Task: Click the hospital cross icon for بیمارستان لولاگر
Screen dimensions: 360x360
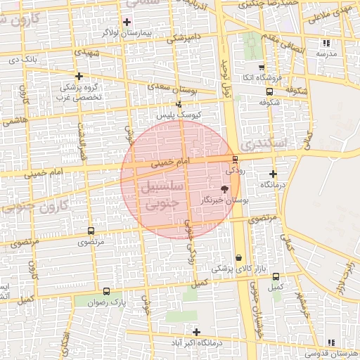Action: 127,22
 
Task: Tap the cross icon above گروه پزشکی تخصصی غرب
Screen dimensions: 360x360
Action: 79,77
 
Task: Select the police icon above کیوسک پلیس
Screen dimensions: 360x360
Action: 179,104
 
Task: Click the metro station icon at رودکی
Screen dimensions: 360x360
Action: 235,159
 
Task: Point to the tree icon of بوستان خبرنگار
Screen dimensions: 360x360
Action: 224,188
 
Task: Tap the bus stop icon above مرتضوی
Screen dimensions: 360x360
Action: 91,231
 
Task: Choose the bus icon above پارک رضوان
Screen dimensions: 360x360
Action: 106,291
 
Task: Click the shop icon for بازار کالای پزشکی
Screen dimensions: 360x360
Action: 240,258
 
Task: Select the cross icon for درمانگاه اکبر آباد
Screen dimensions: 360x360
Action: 196,332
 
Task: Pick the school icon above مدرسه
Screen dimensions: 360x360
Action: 326,43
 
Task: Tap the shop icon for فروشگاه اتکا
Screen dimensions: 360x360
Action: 262,67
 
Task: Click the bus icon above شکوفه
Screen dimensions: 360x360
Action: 269,91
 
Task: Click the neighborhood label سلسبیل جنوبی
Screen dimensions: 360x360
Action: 162,196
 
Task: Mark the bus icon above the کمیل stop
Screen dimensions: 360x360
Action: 276,276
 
